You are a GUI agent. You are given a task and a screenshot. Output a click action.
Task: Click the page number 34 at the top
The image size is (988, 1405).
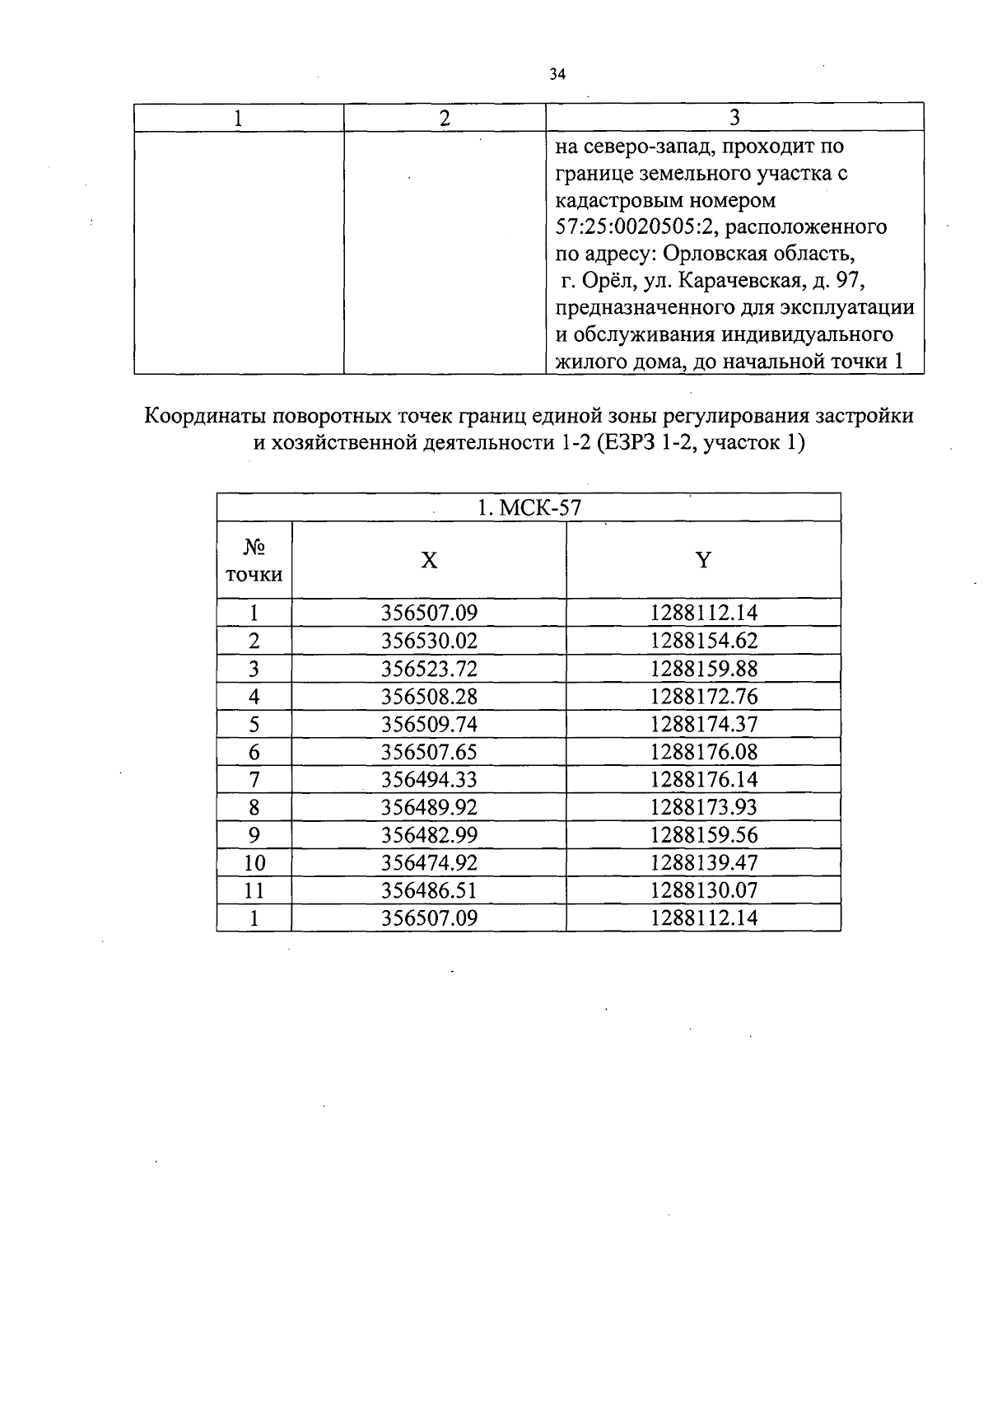[x=557, y=75]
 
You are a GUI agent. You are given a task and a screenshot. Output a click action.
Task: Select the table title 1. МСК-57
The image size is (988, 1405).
[x=529, y=508]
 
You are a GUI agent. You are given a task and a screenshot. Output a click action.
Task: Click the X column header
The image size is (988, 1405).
[x=429, y=561]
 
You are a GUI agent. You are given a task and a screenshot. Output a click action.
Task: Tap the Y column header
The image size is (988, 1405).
[x=703, y=561]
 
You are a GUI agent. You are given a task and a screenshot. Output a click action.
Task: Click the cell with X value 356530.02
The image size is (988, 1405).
[x=429, y=641]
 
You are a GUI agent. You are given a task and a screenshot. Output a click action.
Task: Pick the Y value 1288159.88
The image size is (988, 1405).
[x=703, y=669]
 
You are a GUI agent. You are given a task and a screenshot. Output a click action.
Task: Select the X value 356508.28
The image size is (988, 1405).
[x=429, y=697]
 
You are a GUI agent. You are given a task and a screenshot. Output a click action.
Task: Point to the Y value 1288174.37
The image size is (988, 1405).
[x=703, y=725]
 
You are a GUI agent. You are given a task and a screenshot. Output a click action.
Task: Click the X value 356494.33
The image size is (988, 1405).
[x=429, y=780]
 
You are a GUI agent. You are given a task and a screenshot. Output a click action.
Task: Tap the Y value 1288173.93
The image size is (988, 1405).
[x=703, y=807]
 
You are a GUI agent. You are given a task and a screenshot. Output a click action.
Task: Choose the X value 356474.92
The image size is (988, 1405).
[x=429, y=863]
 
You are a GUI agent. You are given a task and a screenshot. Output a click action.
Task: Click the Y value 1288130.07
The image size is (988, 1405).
[x=703, y=890]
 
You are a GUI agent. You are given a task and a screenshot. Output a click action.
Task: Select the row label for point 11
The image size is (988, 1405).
[x=254, y=890]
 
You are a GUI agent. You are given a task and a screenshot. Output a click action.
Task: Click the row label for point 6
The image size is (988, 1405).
[x=254, y=752]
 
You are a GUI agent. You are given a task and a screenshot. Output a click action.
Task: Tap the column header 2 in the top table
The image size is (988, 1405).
[x=445, y=118]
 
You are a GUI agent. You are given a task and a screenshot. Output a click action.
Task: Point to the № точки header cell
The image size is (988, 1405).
[x=254, y=561]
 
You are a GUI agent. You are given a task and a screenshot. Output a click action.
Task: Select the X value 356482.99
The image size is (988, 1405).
[x=429, y=835]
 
